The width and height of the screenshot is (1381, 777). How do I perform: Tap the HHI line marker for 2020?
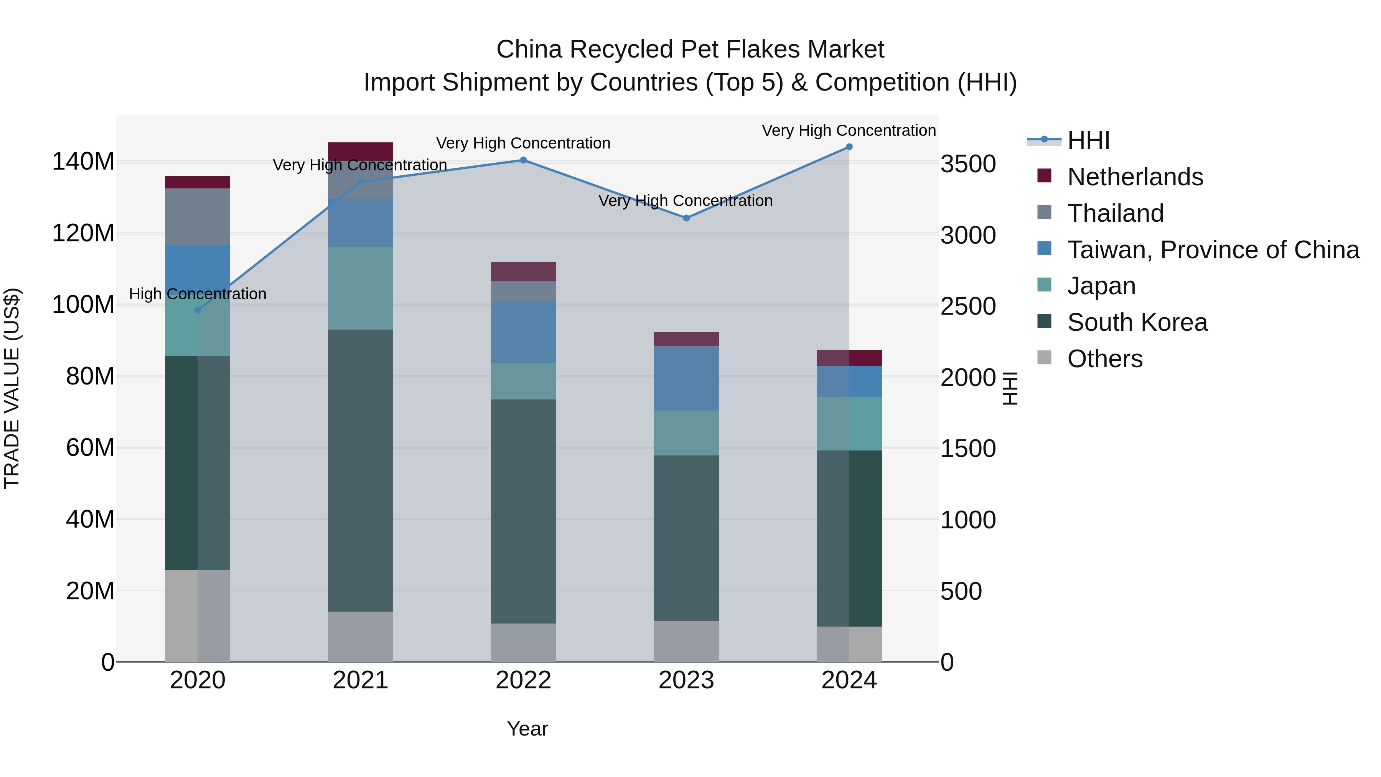[x=197, y=310]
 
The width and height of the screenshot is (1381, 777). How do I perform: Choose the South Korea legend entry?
[x=1137, y=322]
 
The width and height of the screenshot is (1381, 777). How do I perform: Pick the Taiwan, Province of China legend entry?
[x=1213, y=250]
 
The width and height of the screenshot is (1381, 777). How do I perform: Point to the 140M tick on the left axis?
[x=83, y=162]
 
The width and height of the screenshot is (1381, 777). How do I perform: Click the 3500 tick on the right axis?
[x=968, y=164]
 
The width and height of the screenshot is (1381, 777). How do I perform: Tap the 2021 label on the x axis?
[x=360, y=680]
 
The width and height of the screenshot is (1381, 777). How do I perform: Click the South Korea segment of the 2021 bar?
[x=360, y=470]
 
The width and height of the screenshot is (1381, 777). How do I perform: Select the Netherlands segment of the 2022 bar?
[x=523, y=271]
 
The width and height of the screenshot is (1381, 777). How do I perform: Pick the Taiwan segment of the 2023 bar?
[x=686, y=379]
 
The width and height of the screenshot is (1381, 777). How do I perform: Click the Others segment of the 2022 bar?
[x=523, y=642]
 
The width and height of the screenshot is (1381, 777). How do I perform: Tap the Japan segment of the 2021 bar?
[x=360, y=288]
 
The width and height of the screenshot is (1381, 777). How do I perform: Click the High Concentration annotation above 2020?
[x=197, y=294]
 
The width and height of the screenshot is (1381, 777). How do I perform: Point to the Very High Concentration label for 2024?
[x=849, y=130]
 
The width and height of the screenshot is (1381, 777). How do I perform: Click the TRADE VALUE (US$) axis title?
[x=12, y=388]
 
